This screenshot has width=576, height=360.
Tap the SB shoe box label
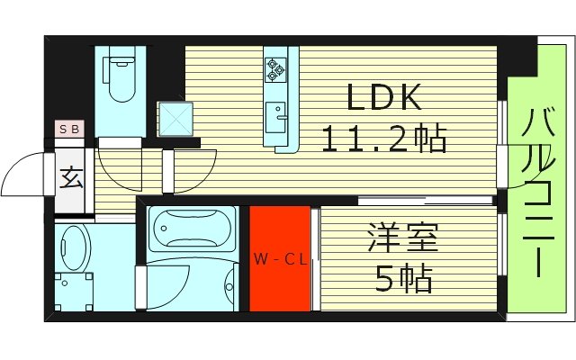click(69, 129)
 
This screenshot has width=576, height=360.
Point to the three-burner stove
click(275, 68)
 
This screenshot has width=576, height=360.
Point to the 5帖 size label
click(403, 279)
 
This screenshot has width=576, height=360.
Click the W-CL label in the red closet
click(280, 260)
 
